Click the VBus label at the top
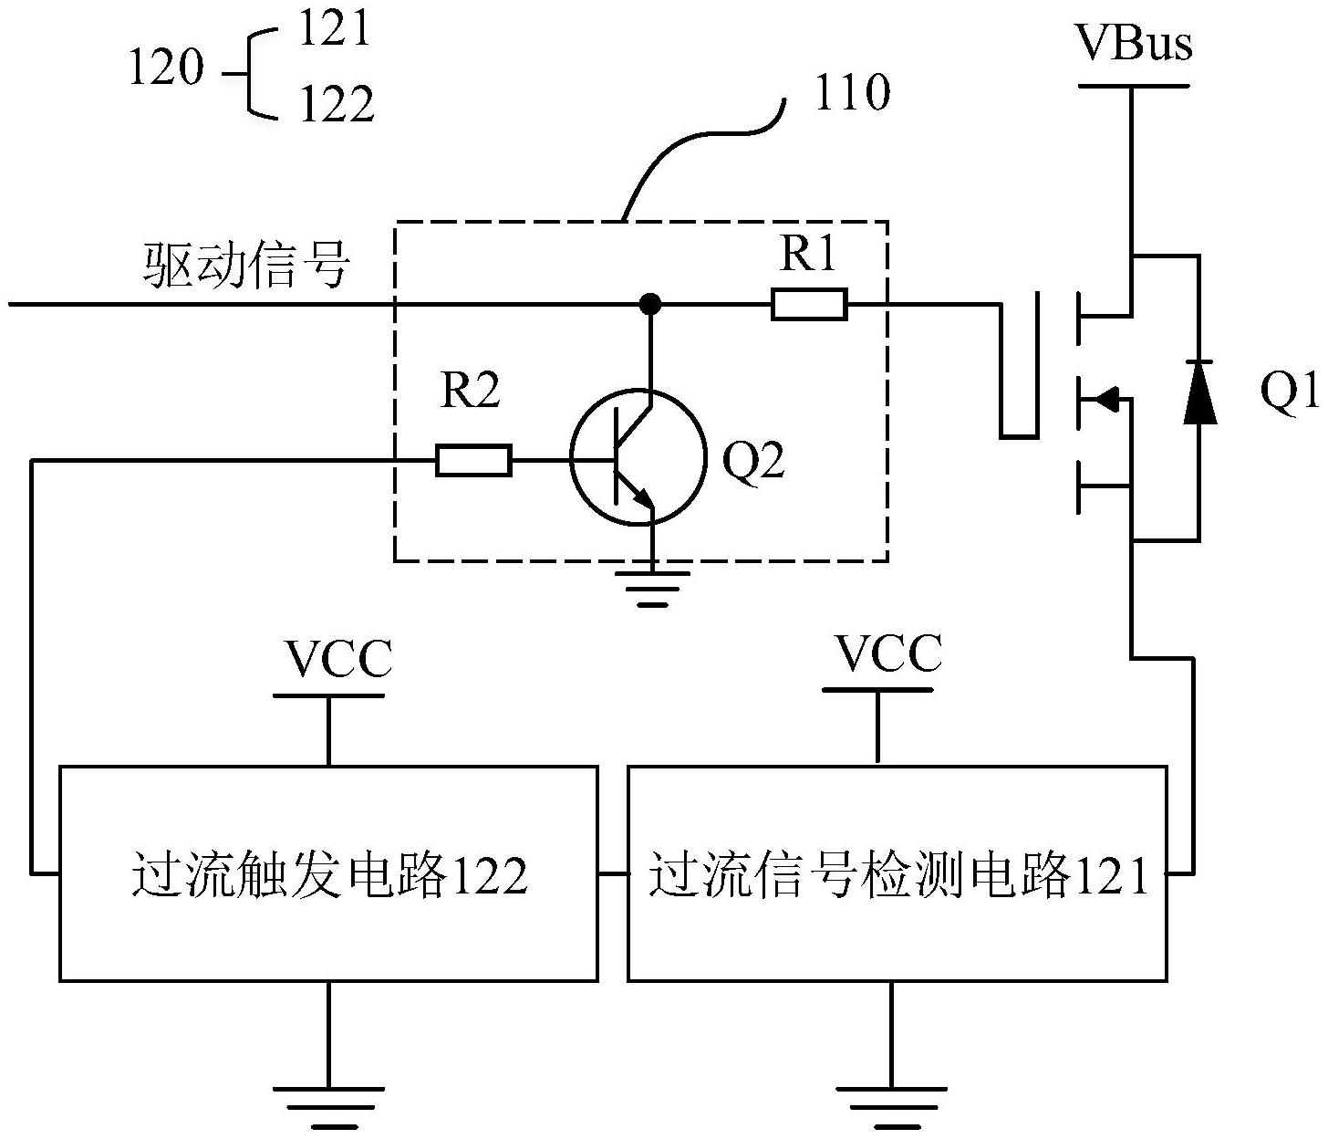1134,43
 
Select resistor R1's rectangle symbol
809,304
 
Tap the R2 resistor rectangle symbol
473,461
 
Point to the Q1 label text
1290,392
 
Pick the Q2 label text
753,462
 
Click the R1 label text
808,256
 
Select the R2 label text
471,392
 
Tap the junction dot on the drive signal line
650,303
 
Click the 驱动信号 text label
247,266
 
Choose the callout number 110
851,92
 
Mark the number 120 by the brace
165,68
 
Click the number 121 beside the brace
336,29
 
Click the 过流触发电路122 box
328,873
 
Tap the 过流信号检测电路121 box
897,873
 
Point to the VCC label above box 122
338,659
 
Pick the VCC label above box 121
888,653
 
